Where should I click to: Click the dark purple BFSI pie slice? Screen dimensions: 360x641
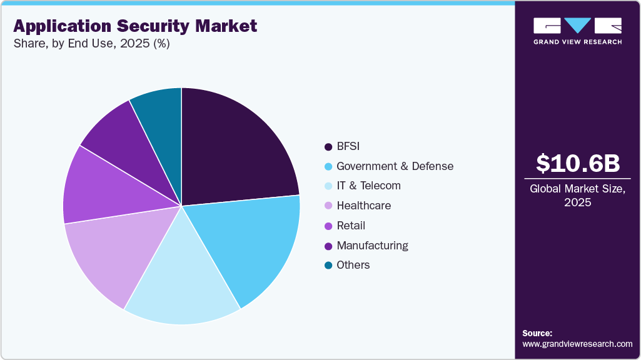point(235,150)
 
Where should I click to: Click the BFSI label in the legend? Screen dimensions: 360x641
point(348,146)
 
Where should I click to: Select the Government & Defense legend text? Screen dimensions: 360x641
point(395,166)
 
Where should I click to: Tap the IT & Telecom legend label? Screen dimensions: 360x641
point(368,186)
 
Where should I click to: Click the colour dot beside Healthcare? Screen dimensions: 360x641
point(328,206)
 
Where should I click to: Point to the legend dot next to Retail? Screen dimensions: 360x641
point(328,226)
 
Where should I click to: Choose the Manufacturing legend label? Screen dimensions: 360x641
point(372,245)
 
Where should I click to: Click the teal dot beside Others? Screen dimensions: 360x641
point(328,265)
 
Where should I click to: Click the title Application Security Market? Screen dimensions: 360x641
point(135,26)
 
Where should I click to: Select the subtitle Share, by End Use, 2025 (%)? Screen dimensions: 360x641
point(91,44)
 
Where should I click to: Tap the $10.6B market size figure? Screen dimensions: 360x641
point(578,163)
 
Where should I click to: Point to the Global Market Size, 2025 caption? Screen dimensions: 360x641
point(578,196)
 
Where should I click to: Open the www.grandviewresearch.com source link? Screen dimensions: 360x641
point(578,344)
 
